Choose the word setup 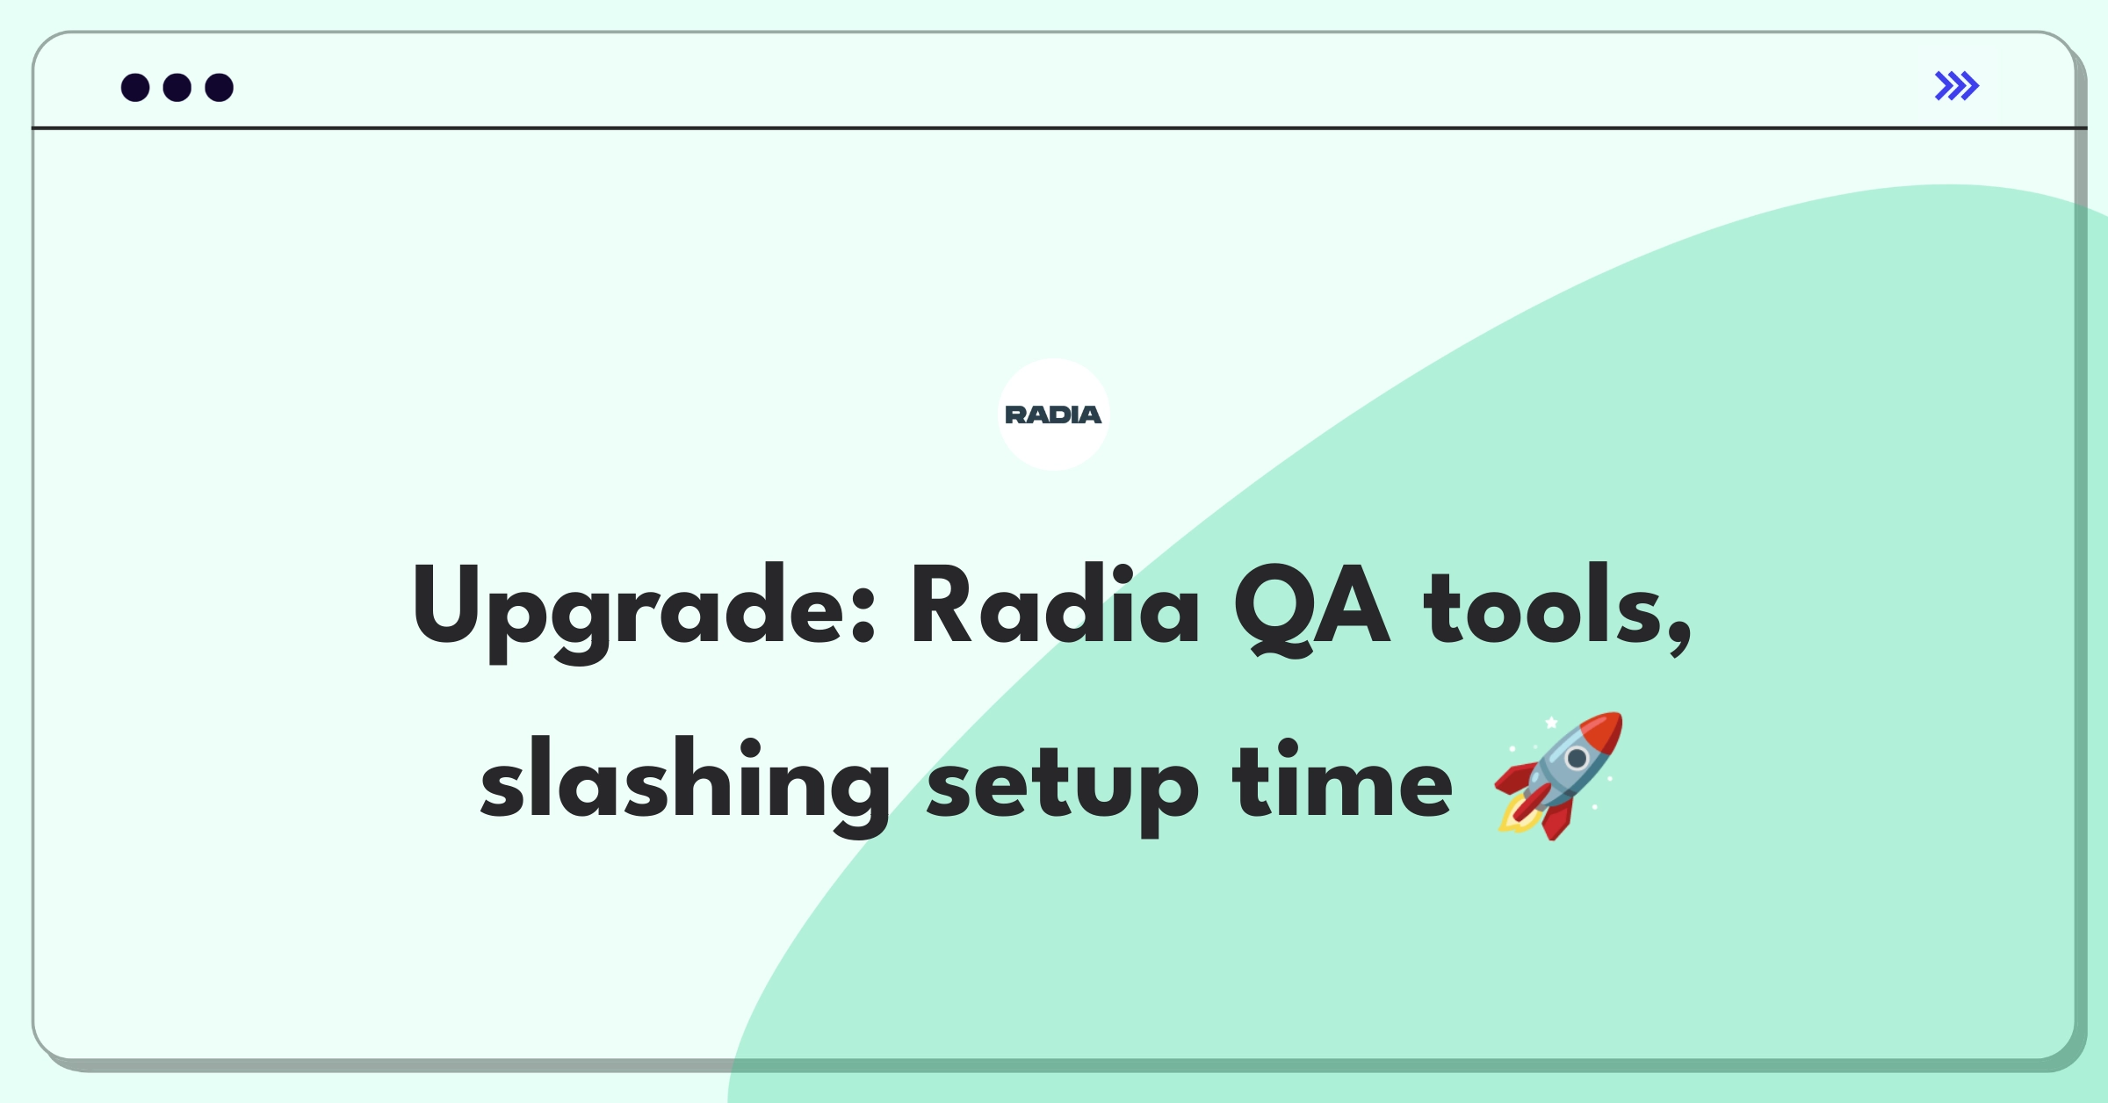tap(1063, 787)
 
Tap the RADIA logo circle tap(1054, 415)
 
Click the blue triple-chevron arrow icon tap(1957, 86)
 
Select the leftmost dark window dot tap(135, 88)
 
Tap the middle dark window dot tap(177, 88)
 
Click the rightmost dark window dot tap(220, 88)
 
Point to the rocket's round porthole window tap(1577, 758)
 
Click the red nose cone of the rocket tap(1604, 732)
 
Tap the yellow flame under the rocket tap(1518, 817)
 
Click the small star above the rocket tap(1552, 723)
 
